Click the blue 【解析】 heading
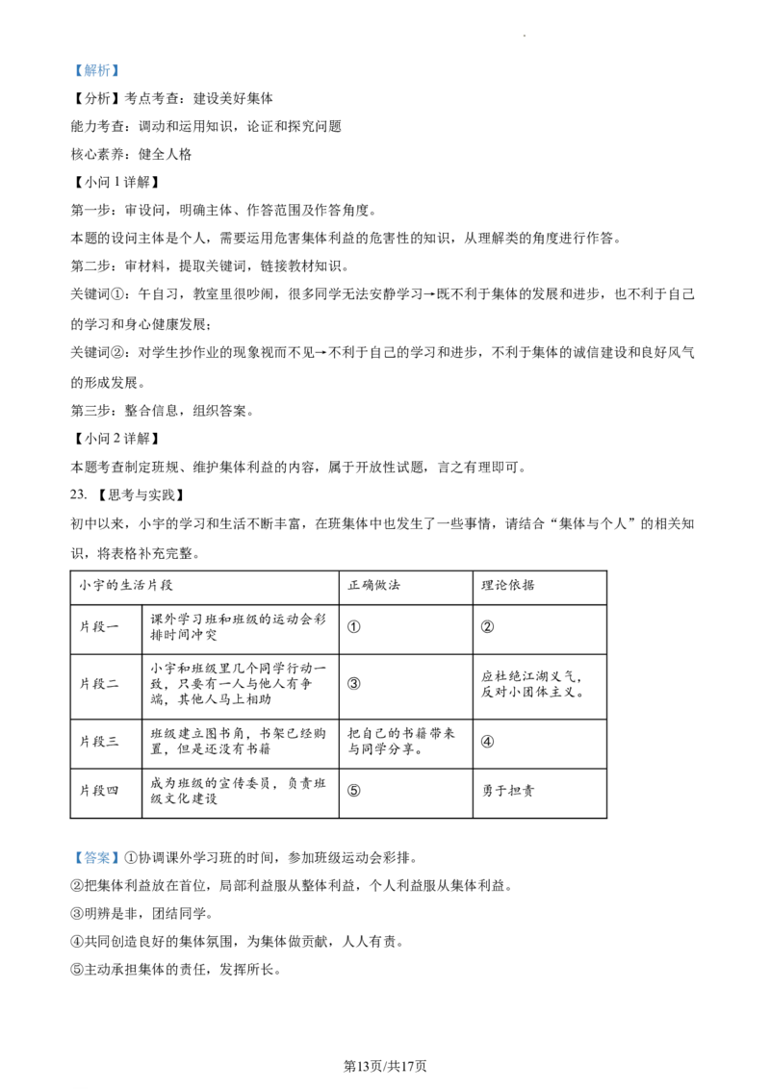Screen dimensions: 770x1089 [x=96, y=70]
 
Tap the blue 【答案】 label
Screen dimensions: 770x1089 [x=96, y=858]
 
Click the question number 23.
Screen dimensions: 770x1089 [x=79, y=494]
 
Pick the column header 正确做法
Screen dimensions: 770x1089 [x=373, y=586]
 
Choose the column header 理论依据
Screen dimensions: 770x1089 [x=508, y=586]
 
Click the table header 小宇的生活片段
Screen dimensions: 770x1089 [x=126, y=586]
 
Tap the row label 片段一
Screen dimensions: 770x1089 [x=99, y=626]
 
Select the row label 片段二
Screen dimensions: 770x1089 [x=99, y=683]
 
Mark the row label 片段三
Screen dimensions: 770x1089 [x=99, y=741]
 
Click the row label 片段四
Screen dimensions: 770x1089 [x=99, y=791]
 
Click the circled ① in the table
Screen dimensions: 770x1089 [x=354, y=626]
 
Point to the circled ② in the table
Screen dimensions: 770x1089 [x=488, y=626]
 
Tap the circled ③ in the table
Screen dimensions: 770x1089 [x=354, y=683]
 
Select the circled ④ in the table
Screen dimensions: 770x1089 [x=488, y=741]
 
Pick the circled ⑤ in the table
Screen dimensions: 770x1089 [x=354, y=791]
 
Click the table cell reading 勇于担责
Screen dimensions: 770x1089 [x=508, y=791]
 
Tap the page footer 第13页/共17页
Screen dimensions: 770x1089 [x=385, y=1066]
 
